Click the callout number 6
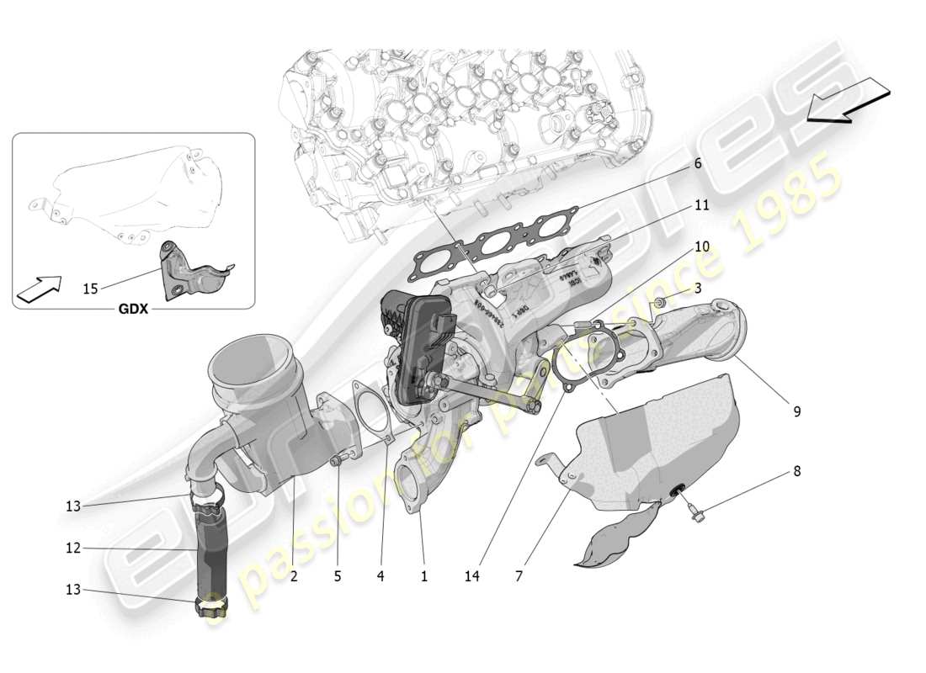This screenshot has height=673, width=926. [698, 164]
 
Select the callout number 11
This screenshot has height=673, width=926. [701, 204]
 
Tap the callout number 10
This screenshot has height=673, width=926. [701, 246]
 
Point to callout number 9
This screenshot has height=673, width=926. [796, 411]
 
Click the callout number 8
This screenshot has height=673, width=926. [796, 471]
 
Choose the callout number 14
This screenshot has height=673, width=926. [472, 576]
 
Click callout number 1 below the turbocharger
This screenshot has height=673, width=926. [423, 576]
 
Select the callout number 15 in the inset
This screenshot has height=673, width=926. [90, 289]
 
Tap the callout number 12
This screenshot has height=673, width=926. [73, 548]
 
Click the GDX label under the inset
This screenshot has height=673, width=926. [132, 309]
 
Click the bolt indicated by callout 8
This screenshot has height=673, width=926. [695, 514]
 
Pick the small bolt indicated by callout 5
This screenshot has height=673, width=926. [337, 459]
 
